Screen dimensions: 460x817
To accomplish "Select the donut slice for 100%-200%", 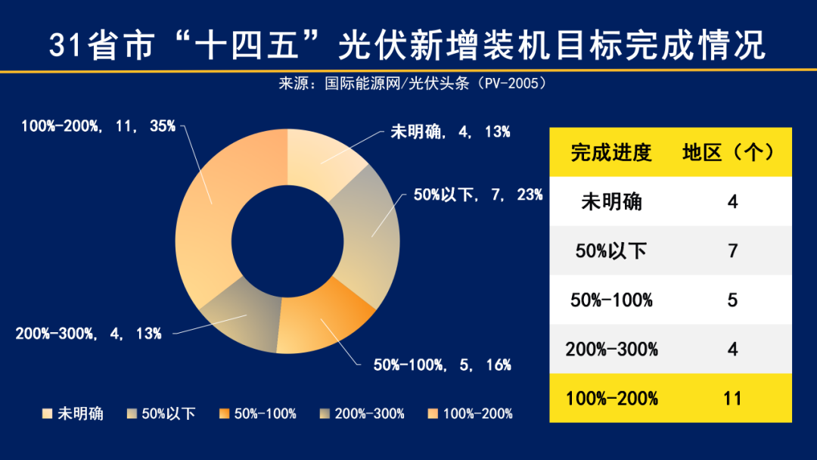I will click(212, 212).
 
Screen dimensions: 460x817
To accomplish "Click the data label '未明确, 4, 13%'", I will click(450, 132).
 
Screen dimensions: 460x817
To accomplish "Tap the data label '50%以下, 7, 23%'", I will click(477, 195).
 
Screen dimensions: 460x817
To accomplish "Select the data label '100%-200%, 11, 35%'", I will click(98, 126).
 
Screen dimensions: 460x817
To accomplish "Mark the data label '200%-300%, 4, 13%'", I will click(89, 333).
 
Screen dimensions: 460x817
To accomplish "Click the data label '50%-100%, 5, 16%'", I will click(443, 365).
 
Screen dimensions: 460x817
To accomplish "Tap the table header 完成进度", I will click(611, 153).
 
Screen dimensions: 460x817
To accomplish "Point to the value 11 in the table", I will click(732, 398).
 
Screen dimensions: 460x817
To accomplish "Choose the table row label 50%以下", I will click(611, 251).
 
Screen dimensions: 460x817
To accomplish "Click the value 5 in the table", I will click(732, 300).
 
